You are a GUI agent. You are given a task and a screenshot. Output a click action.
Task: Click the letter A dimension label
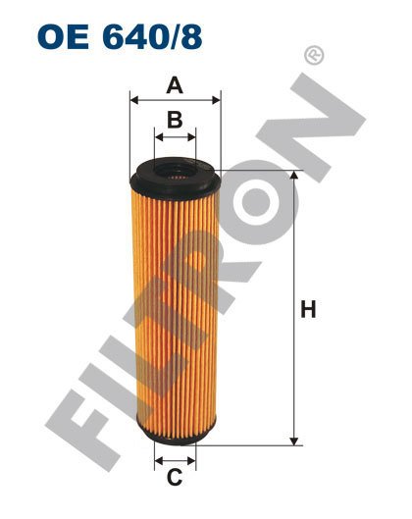point(175,85)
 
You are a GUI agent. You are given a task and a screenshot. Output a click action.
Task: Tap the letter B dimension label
point(175,122)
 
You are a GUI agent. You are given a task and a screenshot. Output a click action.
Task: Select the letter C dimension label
point(175,479)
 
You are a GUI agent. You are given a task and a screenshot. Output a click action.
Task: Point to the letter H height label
point(308,311)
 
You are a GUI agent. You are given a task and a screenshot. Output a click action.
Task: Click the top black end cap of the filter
point(176,177)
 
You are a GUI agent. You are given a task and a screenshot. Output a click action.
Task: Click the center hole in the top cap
point(176,174)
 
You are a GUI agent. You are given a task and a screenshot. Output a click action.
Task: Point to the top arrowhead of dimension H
point(292,177)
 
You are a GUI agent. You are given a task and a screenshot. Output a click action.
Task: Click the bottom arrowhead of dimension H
point(292,441)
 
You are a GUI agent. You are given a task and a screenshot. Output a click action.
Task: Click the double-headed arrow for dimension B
point(175,138)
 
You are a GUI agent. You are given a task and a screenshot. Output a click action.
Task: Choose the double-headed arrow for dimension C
point(175,459)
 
